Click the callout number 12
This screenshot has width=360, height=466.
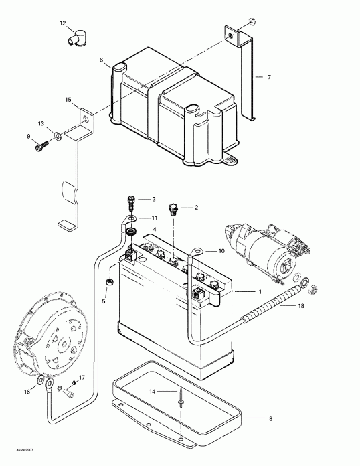coord(63,24)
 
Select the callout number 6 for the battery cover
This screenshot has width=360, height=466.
coord(102,60)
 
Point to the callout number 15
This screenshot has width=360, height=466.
coord(68,100)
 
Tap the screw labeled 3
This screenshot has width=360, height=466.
coord(130,200)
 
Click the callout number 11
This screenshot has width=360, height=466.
coord(153,218)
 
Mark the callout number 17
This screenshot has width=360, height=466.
coord(82,378)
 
